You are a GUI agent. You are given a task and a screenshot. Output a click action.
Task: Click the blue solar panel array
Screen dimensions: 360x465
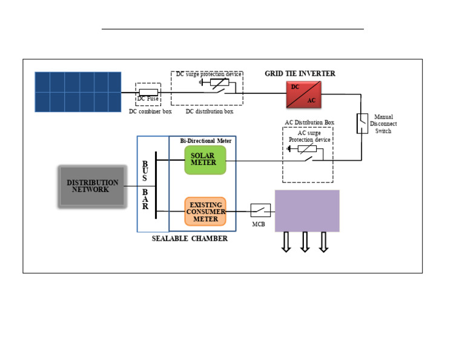coord(77,92)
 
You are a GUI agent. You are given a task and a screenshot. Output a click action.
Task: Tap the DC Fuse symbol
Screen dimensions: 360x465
coord(148,93)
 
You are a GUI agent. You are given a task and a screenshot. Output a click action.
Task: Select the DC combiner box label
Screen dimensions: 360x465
coord(150,112)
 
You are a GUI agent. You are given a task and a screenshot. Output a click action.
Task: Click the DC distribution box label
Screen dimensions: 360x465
coord(209,112)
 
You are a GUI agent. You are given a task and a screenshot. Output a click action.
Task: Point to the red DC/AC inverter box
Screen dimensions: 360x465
coord(305,93)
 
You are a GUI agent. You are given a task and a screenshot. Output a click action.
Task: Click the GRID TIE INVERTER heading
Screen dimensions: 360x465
coord(300,73)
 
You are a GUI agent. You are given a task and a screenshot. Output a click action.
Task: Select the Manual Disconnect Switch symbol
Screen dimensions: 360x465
coord(361,123)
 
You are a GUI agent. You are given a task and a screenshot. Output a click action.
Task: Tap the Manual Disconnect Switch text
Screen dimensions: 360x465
coord(383,124)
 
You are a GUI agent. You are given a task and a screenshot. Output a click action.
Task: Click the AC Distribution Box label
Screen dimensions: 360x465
coord(309,122)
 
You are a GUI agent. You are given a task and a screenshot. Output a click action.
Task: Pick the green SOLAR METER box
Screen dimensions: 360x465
coord(205,160)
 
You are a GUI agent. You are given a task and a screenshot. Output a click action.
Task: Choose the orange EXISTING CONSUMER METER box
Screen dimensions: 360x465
coord(205,212)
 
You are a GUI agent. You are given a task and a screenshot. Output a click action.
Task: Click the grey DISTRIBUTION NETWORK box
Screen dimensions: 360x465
coord(92,187)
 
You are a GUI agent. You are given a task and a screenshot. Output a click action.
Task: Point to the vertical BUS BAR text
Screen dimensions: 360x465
coord(145,185)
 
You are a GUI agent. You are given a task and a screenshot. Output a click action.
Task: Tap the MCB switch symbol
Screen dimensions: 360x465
coord(260,210)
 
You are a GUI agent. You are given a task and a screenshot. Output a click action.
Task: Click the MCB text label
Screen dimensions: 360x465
coord(259,224)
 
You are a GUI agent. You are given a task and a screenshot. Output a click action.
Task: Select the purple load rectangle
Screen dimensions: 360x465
coord(307,211)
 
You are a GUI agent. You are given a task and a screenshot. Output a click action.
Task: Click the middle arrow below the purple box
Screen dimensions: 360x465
coord(305,241)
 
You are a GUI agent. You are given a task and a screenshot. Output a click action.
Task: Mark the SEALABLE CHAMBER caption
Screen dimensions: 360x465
coord(190,239)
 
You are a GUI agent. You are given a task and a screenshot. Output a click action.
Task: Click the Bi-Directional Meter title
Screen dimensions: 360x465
coord(206,141)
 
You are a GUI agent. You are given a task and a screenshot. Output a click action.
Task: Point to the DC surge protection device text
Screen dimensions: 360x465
coord(209,74)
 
